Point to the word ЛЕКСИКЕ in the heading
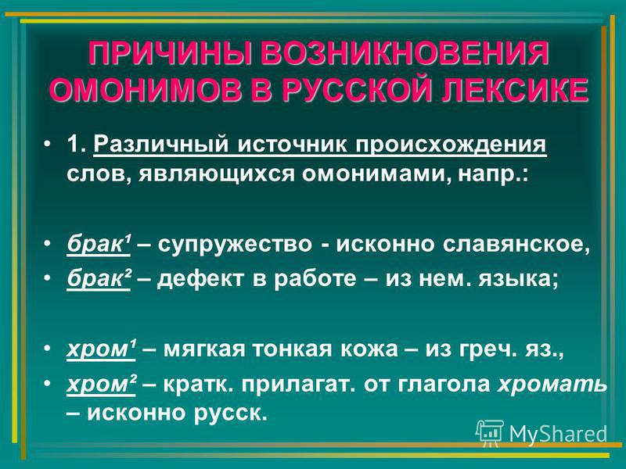click(514, 90)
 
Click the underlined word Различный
click(161, 145)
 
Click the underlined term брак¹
click(99, 243)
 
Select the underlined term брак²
click(99, 278)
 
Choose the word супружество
click(235, 245)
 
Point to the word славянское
click(516, 244)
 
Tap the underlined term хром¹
click(101, 349)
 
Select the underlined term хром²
click(102, 384)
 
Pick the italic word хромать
click(552, 385)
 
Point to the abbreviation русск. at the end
click(230, 414)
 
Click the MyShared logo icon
click(490, 432)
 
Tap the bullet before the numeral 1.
click(48, 143)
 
